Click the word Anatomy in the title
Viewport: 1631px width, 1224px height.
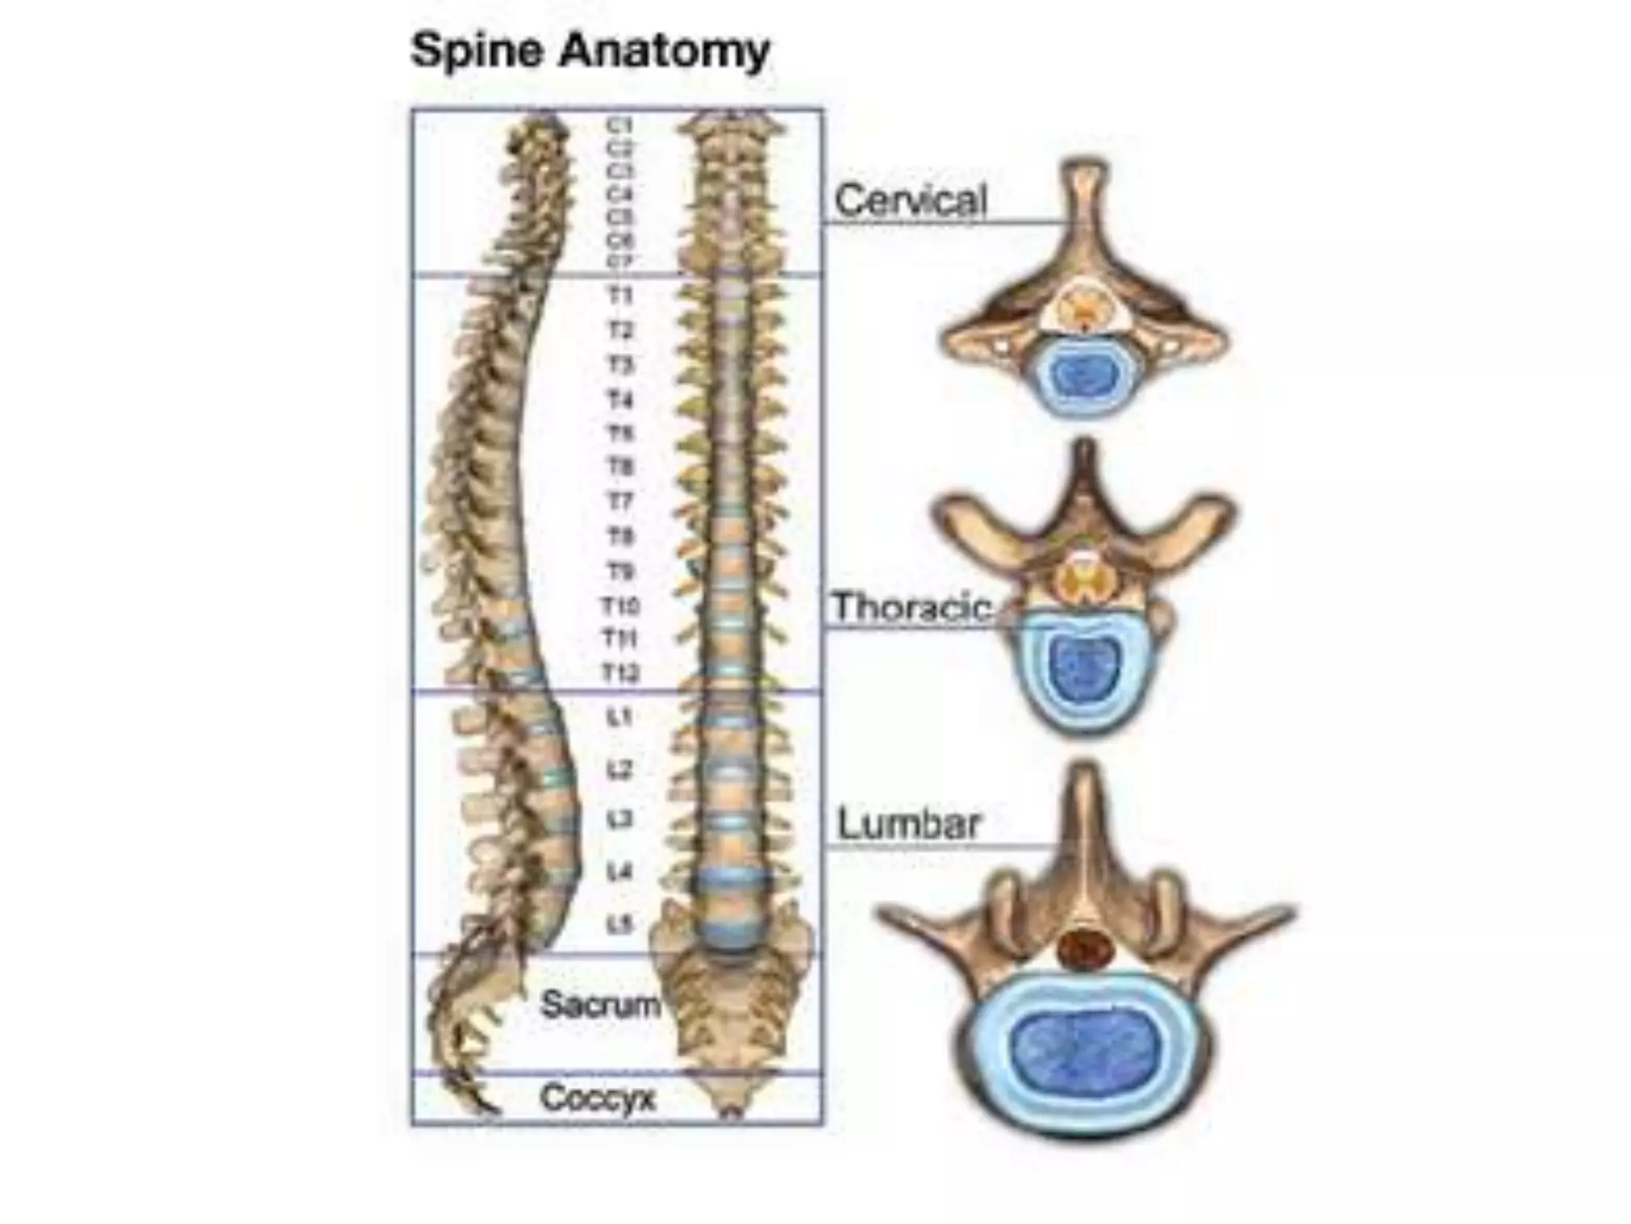point(664,52)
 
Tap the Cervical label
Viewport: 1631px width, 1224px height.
point(910,199)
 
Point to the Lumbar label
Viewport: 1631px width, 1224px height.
point(909,823)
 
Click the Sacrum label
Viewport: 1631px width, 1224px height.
point(600,1004)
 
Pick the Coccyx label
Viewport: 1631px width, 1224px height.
point(597,1098)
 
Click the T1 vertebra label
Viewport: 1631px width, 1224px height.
point(620,296)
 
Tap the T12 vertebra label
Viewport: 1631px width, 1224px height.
point(620,673)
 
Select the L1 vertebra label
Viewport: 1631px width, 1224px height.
point(620,718)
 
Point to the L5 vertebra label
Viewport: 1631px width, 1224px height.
point(620,924)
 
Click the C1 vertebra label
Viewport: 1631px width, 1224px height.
point(620,126)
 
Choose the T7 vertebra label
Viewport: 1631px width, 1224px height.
point(620,502)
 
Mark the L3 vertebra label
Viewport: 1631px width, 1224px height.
point(620,819)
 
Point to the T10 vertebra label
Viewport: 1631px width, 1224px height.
point(620,607)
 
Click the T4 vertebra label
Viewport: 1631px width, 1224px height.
point(620,399)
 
